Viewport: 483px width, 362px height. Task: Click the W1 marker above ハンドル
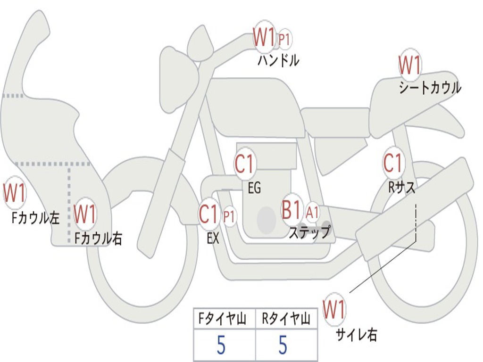click(x=264, y=37)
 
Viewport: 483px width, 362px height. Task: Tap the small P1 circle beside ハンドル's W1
click(x=284, y=40)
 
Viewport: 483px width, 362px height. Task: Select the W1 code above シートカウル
click(x=410, y=66)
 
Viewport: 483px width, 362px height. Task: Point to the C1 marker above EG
click(x=244, y=164)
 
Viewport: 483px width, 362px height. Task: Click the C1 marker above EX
click(x=210, y=214)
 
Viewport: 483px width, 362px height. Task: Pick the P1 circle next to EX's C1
click(x=229, y=217)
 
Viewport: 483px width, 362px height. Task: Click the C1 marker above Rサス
click(x=392, y=163)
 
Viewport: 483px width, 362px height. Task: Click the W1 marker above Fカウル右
click(x=85, y=214)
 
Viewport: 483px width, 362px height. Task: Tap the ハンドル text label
click(x=278, y=60)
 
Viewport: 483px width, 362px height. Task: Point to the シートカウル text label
click(x=430, y=88)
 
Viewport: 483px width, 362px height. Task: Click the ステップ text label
click(x=309, y=232)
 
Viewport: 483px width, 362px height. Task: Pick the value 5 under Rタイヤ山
click(x=283, y=346)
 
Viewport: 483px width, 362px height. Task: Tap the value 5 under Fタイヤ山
click(x=221, y=346)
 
